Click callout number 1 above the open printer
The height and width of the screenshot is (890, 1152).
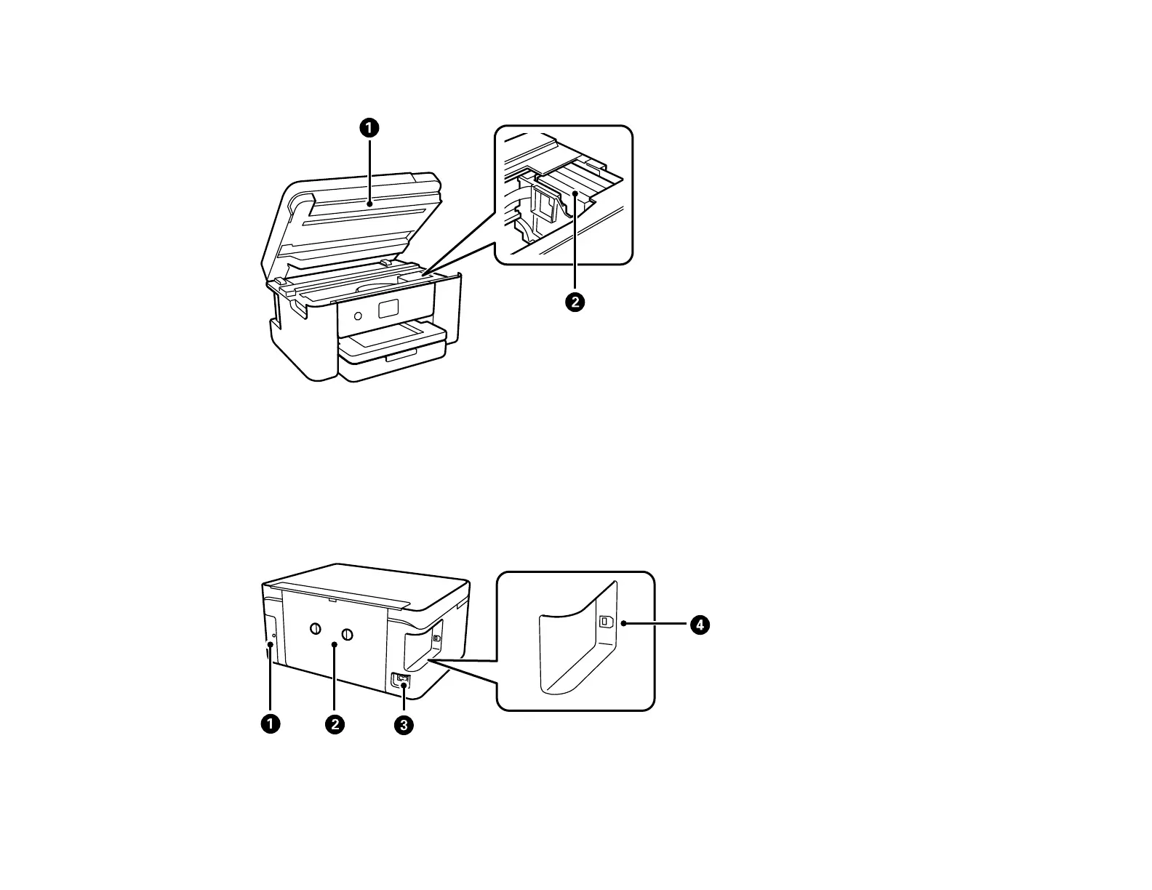tap(369, 128)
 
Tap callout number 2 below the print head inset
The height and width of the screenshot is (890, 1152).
tap(575, 302)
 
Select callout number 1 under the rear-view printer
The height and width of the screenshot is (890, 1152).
tap(271, 724)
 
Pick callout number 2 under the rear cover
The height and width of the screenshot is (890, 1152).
tap(335, 724)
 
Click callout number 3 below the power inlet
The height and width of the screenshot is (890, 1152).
tap(404, 724)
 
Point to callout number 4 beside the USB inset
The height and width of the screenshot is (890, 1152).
tap(699, 625)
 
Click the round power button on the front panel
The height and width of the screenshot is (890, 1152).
tap(357, 316)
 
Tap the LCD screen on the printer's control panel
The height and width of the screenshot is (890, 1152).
tap(389, 308)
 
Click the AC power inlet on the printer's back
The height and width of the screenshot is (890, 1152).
tap(401, 681)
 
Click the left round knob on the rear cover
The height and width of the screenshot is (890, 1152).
tap(315, 629)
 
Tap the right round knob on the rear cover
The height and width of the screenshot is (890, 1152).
tap(347, 635)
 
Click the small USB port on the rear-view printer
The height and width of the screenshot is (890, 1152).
tap(436, 638)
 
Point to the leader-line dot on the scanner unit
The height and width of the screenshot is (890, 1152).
tap(369, 205)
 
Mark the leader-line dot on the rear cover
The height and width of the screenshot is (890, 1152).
tap(335, 644)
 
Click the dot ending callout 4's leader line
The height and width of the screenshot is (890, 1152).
tap(624, 624)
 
